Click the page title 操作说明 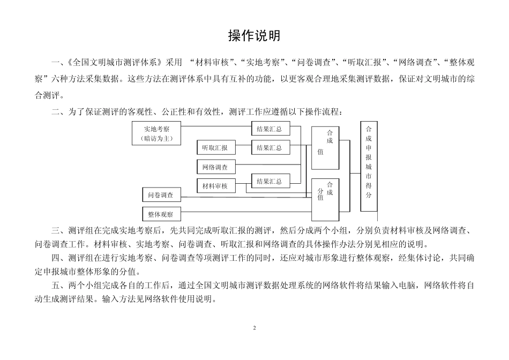(x=254, y=36)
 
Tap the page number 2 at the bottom (x=254, y=327)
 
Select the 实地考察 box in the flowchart (x=157, y=133)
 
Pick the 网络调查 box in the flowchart (x=215, y=167)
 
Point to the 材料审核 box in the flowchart (x=215, y=186)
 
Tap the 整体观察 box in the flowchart (x=161, y=214)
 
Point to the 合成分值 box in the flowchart (x=325, y=198)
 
